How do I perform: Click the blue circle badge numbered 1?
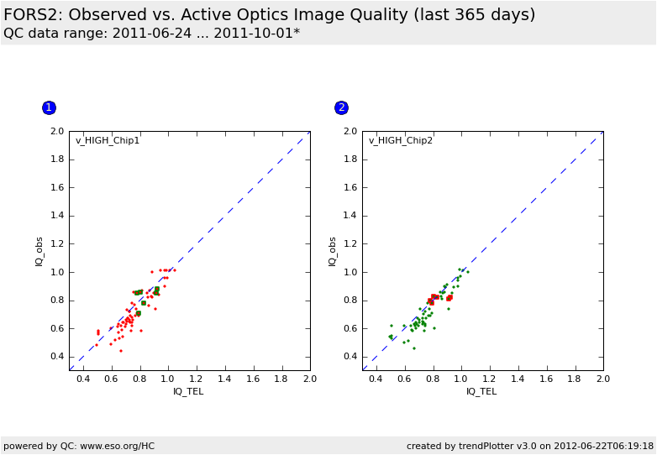coord(49,107)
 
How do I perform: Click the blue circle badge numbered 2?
coord(341,107)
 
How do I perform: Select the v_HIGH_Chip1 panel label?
coord(108,140)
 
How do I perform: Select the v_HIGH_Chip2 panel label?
coord(401,140)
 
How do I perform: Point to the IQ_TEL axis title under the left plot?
coord(188,391)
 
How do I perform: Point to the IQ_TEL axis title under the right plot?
coord(481,391)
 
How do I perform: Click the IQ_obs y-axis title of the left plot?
coord(39,251)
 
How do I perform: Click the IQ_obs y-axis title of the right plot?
coord(333,251)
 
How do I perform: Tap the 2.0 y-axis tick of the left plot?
coord(57,131)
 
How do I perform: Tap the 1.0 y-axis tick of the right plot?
coord(350,272)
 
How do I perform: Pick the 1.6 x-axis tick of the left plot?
coord(253,379)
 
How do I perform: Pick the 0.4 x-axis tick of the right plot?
coord(376,379)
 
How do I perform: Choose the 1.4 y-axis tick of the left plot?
coord(57,216)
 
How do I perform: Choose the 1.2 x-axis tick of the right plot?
coord(489,379)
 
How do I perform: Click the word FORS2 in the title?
coord(31,15)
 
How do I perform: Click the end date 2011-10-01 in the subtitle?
coord(253,34)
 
